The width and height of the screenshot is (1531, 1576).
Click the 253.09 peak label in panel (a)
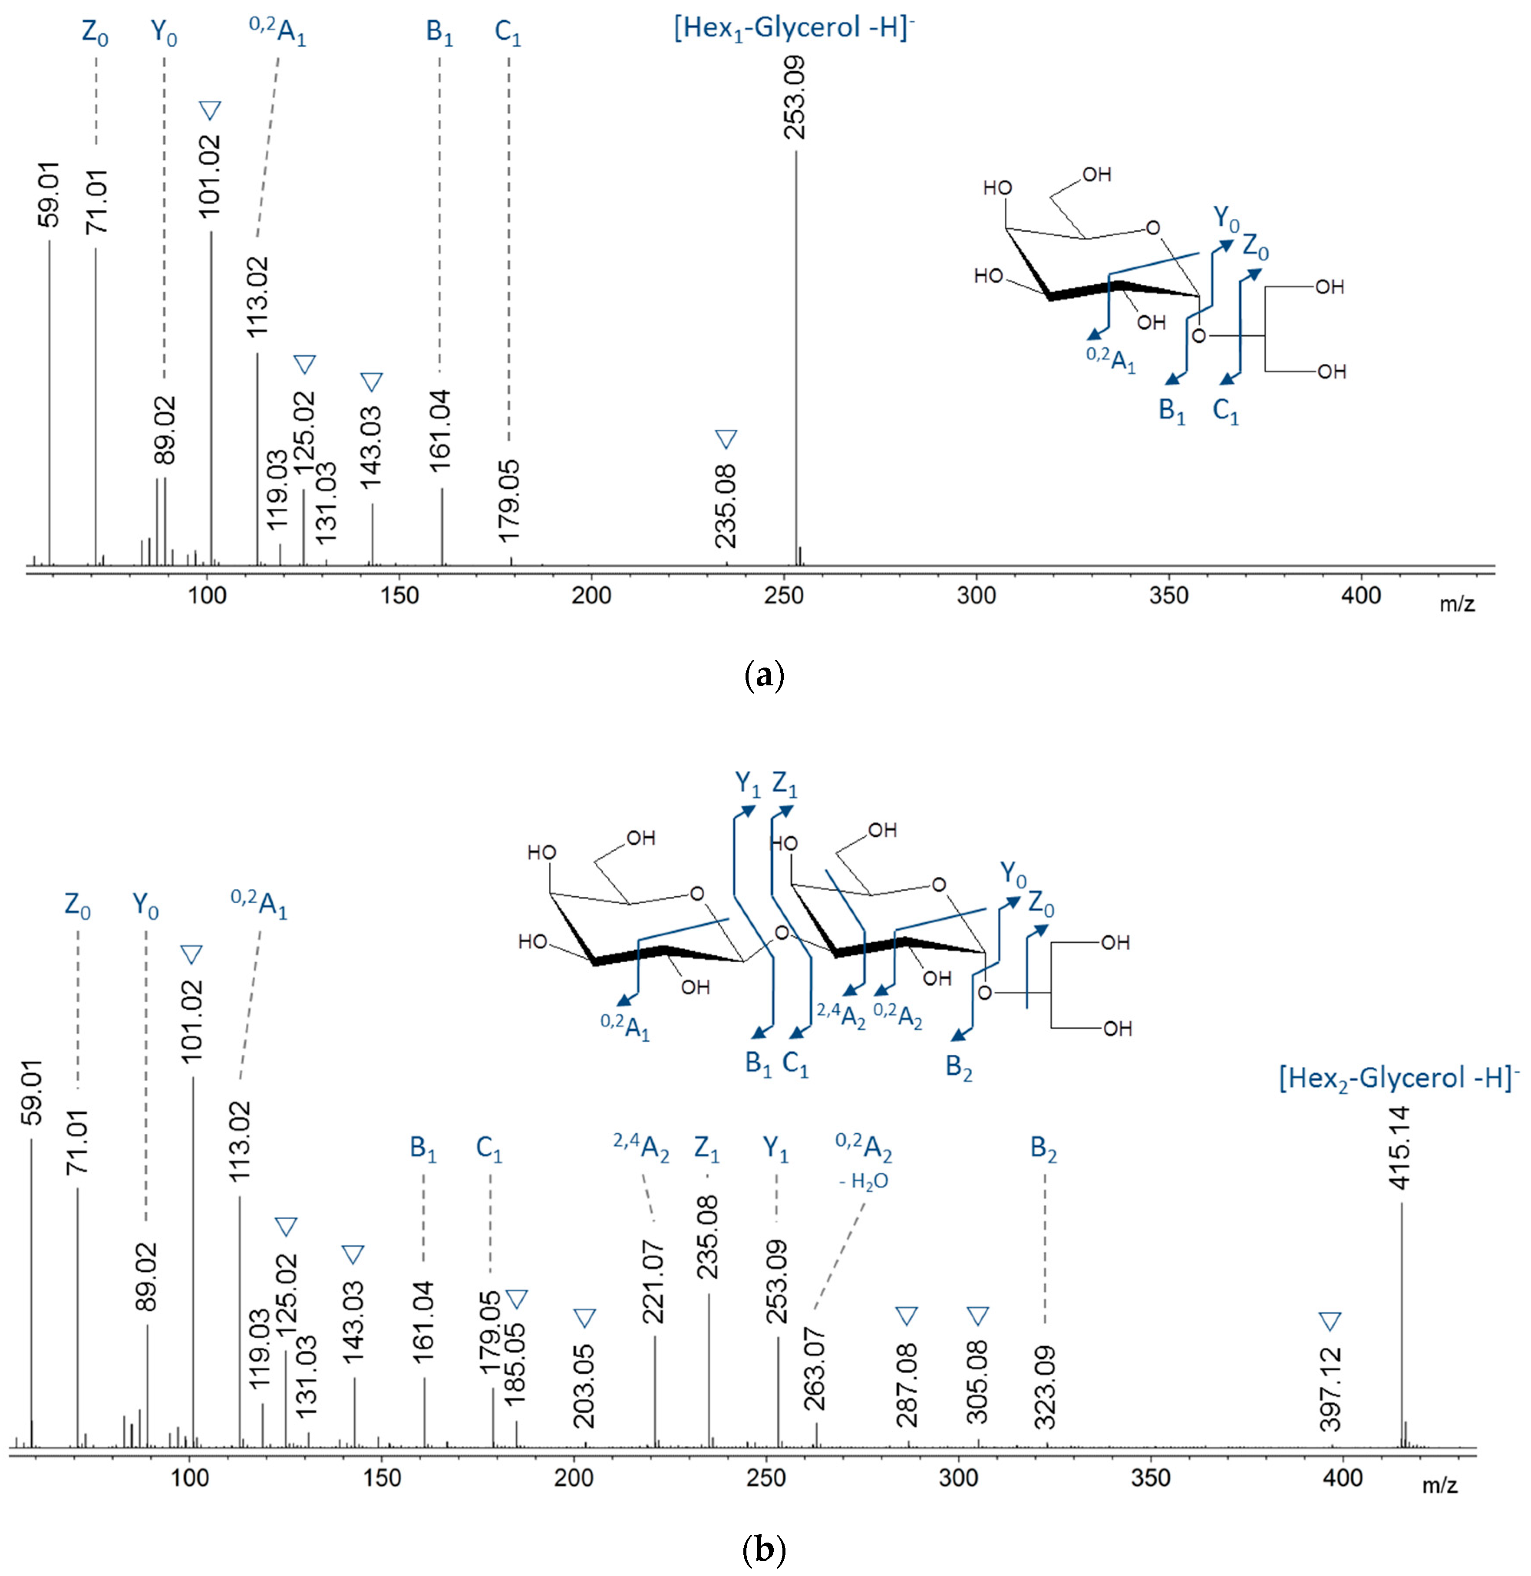pyautogui.click(x=795, y=98)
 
